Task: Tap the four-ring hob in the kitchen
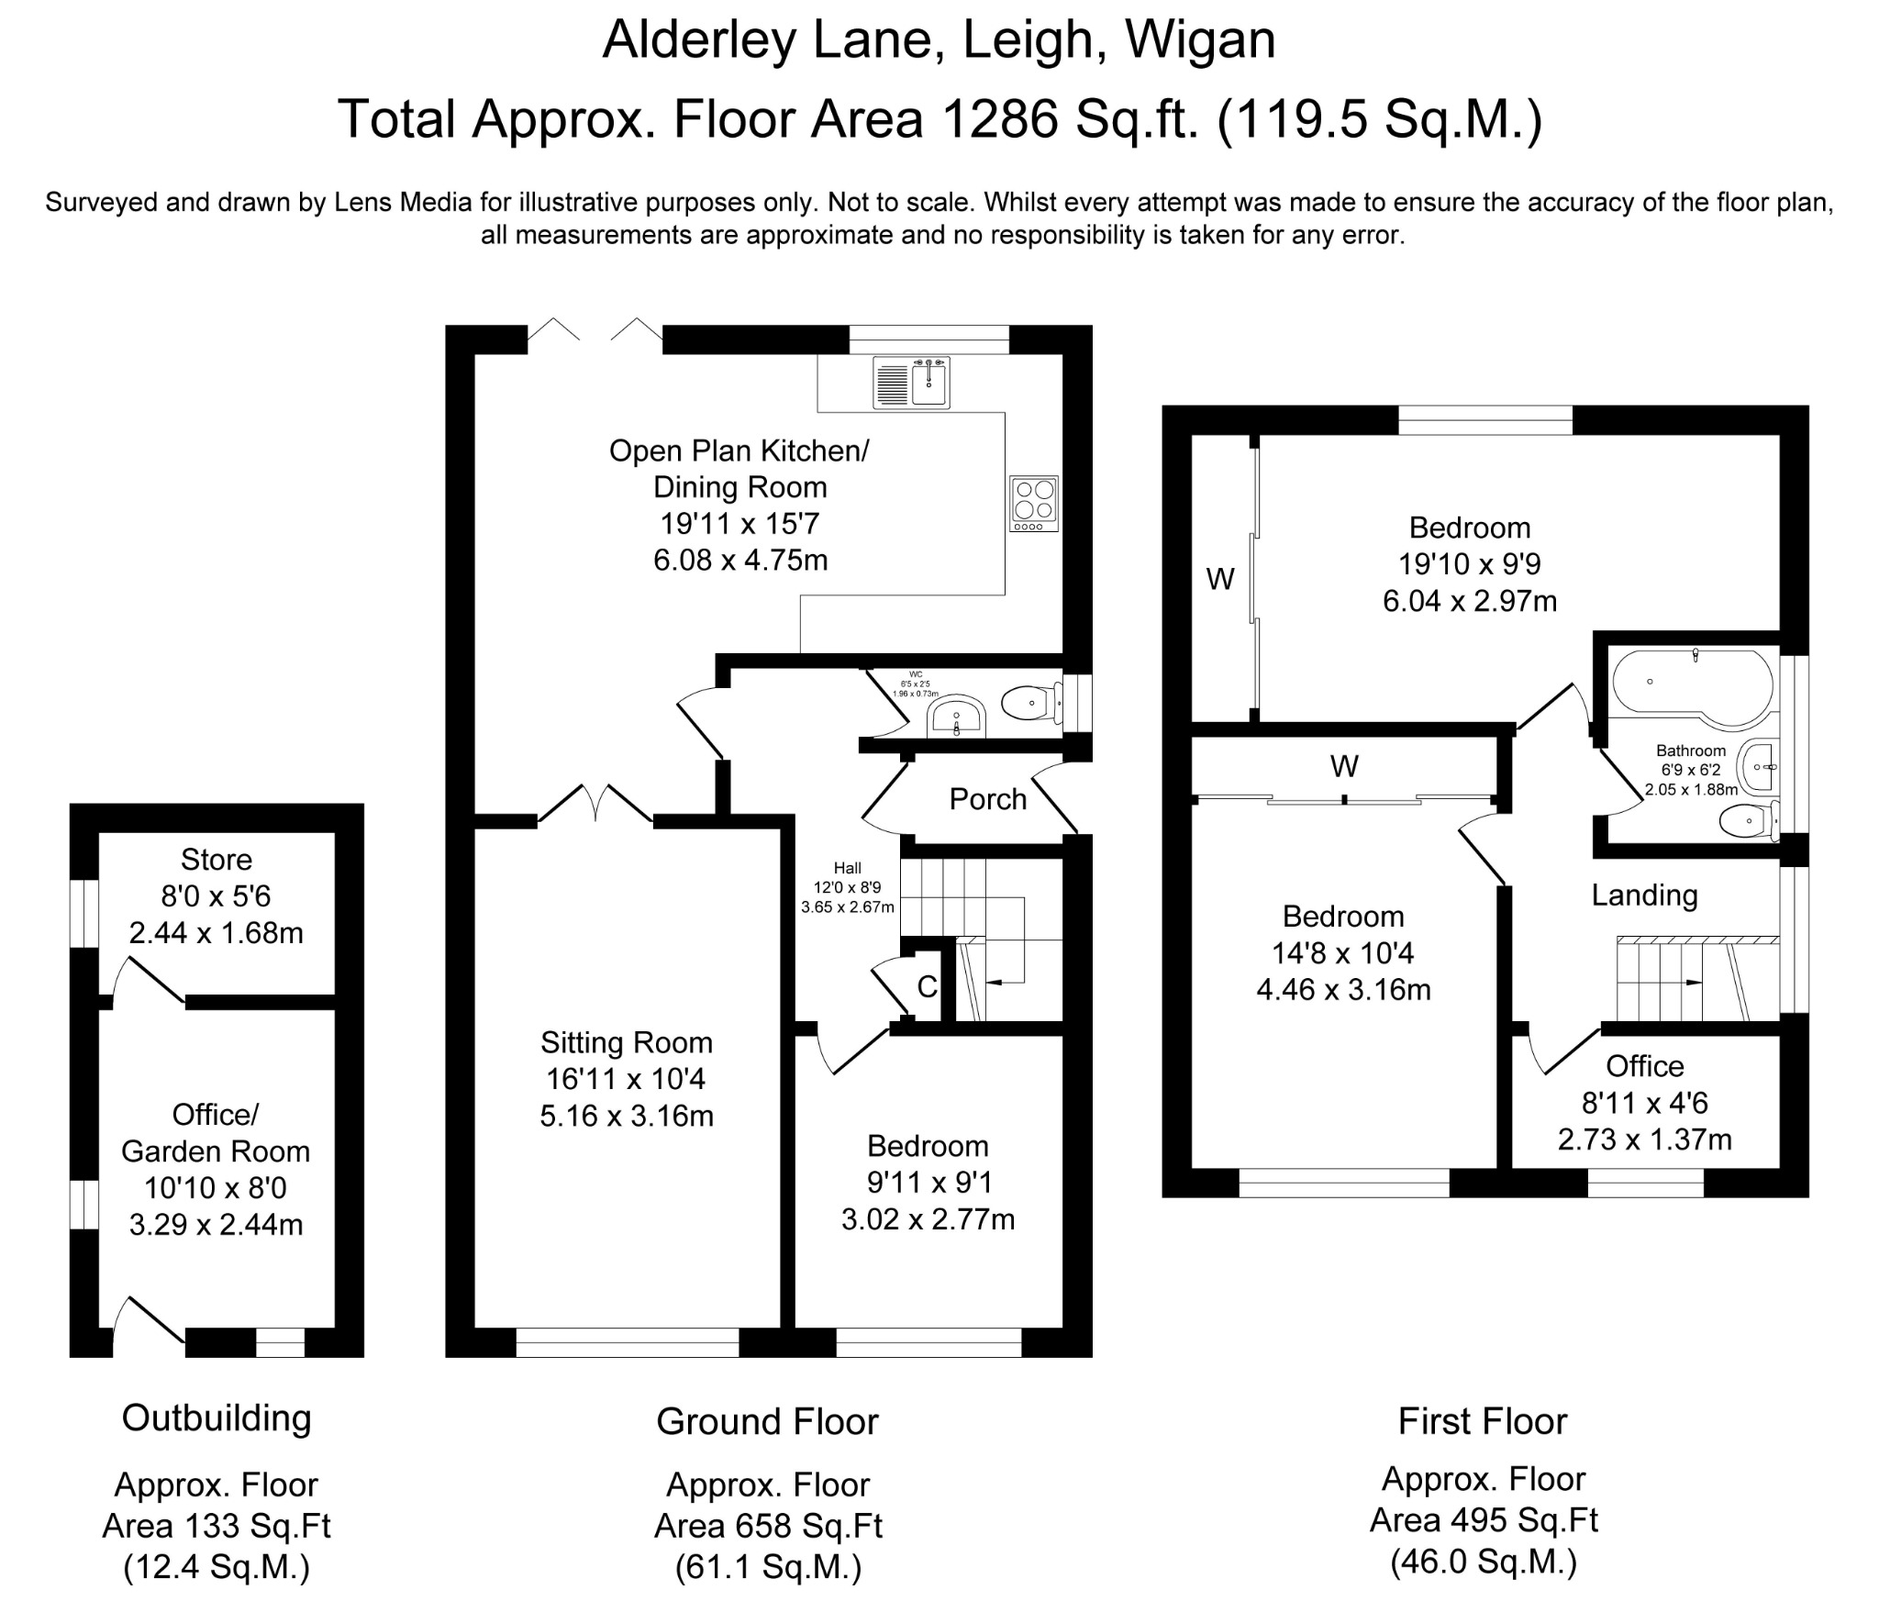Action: coord(1034,503)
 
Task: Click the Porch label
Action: coord(987,799)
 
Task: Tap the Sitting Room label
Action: coord(627,1042)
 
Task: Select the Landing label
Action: coord(1644,895)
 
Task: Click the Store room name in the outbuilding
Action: coord(217,860)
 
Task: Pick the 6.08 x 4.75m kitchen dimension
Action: coord(740,560)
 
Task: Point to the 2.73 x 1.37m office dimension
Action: coord(1645,1140)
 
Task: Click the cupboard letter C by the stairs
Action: coord(928,986)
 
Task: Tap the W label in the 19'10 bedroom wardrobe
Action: coord(1220,579)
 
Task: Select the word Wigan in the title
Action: coord(1200,41)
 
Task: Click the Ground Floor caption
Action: coord(768,1422)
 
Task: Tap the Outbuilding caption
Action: coord(217,1418)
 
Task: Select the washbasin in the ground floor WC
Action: coord(956,717)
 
